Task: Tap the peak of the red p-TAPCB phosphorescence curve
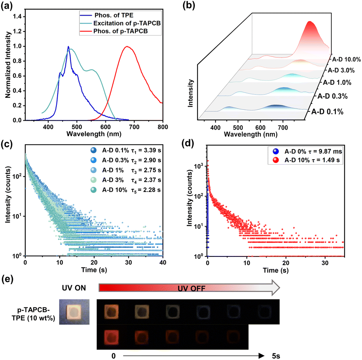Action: tap(126, 46)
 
